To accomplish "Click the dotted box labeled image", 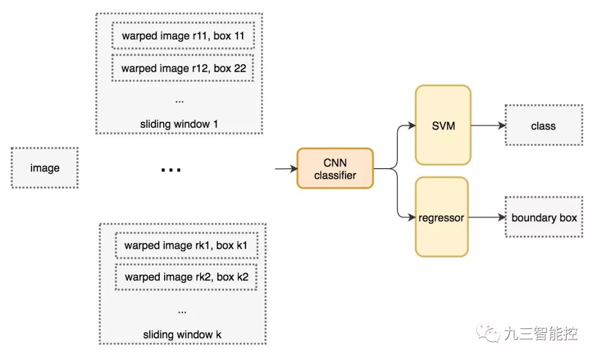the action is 45,168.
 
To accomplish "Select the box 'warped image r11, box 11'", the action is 183,36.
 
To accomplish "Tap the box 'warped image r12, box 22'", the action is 183,68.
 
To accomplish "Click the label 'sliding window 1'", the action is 179,124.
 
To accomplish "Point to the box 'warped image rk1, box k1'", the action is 186,246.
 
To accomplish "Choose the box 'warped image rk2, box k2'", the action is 186,277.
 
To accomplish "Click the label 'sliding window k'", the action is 182,335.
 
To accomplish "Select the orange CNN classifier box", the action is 335,168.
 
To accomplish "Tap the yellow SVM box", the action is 443,126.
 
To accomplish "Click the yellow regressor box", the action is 442,217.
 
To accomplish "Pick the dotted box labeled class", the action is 544,126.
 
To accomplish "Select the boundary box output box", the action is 544,217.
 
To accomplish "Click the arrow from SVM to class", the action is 489,126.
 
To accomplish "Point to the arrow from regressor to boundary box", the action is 487,217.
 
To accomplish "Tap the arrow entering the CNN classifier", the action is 286,168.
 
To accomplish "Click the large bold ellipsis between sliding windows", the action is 171,170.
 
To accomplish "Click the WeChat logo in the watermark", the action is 488,333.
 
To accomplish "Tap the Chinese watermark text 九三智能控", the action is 541,333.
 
